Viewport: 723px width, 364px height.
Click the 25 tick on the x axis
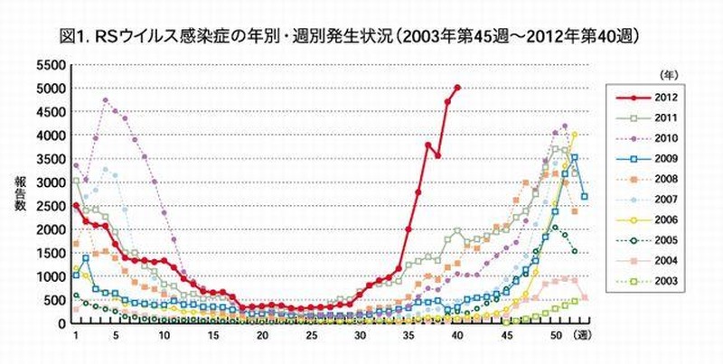(312, 336)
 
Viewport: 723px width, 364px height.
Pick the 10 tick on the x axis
(164, 336)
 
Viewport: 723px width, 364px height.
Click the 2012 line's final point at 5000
(457, 88)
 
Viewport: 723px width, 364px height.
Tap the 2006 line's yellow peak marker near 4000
(574, 135)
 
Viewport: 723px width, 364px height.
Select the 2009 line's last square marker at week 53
(584, 196)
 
